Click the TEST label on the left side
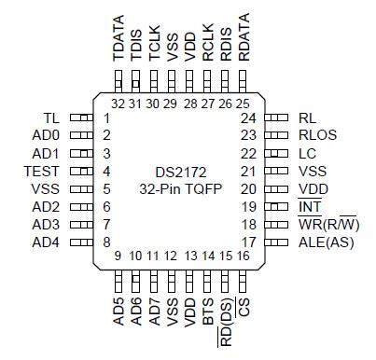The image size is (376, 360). pyautogui.click(x=43, y=172)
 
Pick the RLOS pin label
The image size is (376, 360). pyautogui.click(x=317, y=135)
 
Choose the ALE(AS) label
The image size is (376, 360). pyautogui.click(x=326, y=242)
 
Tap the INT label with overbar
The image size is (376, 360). pyautogui.click(x=309, y=207)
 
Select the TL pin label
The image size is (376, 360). pyautogui.click(x=52, y=118)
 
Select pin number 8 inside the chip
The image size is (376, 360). pyautogui.click(x=107, y=242)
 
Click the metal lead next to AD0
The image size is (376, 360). pyautogui.click(x=81, y=136)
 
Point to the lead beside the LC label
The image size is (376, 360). pyautogui.click(x=278, y=154)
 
